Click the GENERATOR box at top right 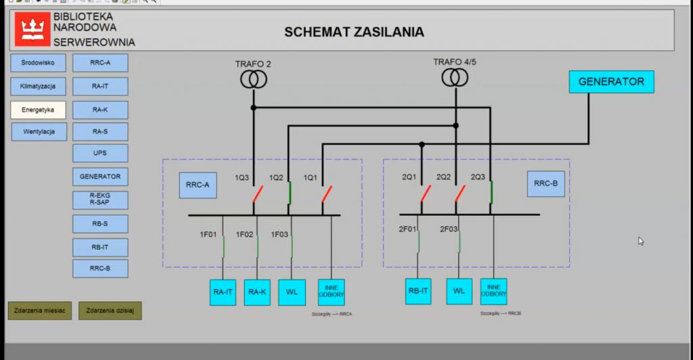[611, 82]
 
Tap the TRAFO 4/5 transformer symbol [455, 77]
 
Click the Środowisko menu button [38, 63]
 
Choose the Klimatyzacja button [38, 87]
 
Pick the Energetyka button [38, 110]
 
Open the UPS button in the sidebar [100, 154]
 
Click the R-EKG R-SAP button [100, 200]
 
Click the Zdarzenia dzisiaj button [110, 311]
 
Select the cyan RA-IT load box [223, 292]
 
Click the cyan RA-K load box [257, 292]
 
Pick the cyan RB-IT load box [418, 292]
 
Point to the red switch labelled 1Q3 [257, 194]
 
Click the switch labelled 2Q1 [425, 194]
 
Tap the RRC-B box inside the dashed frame [545, 183]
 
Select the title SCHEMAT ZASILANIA [354, 32]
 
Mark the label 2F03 [449, 229]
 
